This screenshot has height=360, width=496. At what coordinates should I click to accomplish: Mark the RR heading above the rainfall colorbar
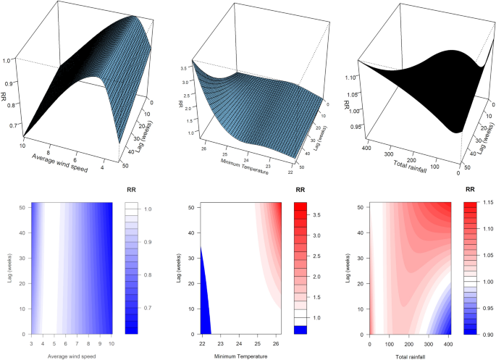(470, 191)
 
